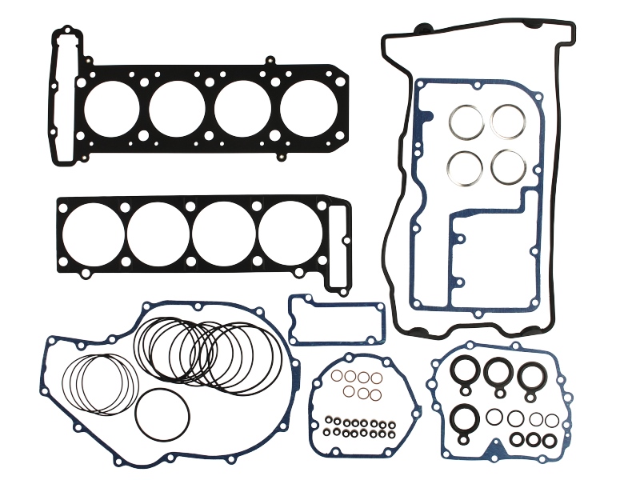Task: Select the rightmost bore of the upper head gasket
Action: (308, 108)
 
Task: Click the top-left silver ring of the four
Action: (465, 122)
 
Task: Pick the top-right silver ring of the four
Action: (508, 121)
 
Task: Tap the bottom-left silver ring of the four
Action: (465, 166)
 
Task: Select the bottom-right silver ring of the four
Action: (509, 166)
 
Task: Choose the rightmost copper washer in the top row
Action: (376, 378)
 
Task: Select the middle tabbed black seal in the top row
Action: (498, 371)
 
